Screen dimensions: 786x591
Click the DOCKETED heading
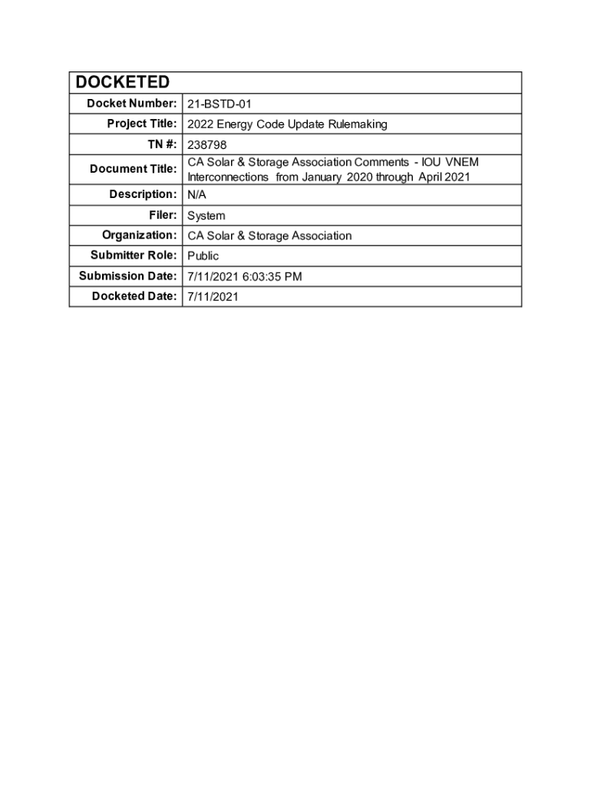pyautogui.click(x=122, y=83)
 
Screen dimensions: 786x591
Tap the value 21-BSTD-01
pyautogui.click(x=220, y=104)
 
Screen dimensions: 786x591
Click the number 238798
pyautogui.click(x=207, y=144)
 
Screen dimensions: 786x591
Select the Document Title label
pyautogui.click(x=134, y=169)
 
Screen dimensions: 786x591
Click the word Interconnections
pyautogui.click(x=228, y=177)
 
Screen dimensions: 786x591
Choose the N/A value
pyautogui.click(x=197, y=195)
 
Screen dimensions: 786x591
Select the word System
pyautogui.click(x=206, y=216)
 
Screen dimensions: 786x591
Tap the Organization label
pyautogui.click(x=140, y=235)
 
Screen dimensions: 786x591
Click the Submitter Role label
pyautogui.click(x=134, y=255)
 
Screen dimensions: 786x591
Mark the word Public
pyautogui.click(x=203, y=256)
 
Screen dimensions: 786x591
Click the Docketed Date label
pyautogui.click(x=135, y=296)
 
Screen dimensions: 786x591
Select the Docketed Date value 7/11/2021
pyautogui.click(x=213, y=296)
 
